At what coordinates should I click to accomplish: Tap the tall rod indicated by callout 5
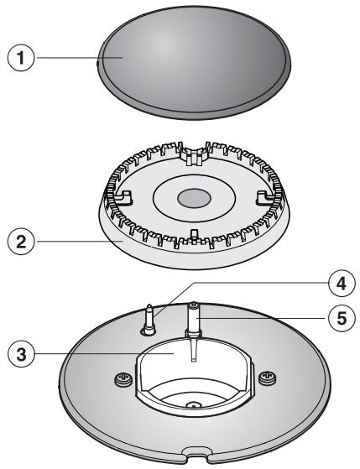pyautogui.click(x=195, y=323)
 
